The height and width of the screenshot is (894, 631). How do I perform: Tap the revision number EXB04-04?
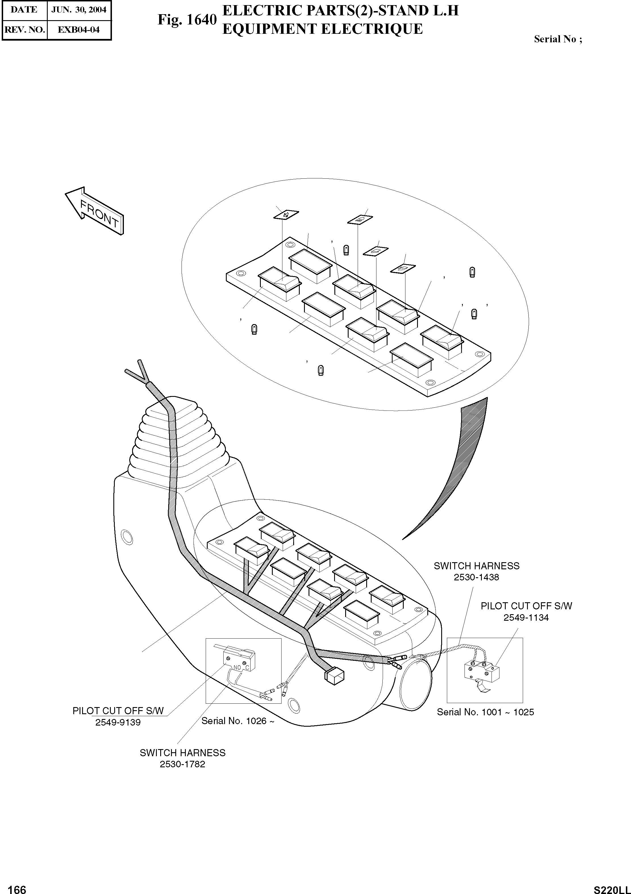pos(79,30)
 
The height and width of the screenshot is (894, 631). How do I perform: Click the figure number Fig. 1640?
pos(187,20)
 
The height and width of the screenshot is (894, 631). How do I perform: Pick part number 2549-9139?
pos(118,722)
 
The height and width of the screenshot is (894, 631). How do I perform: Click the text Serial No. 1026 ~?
pos(238,721)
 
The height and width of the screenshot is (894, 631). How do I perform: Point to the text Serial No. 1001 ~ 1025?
pos(485,712)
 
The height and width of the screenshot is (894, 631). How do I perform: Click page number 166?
pos(17,889)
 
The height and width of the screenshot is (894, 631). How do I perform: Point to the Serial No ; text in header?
pos(558,39)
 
